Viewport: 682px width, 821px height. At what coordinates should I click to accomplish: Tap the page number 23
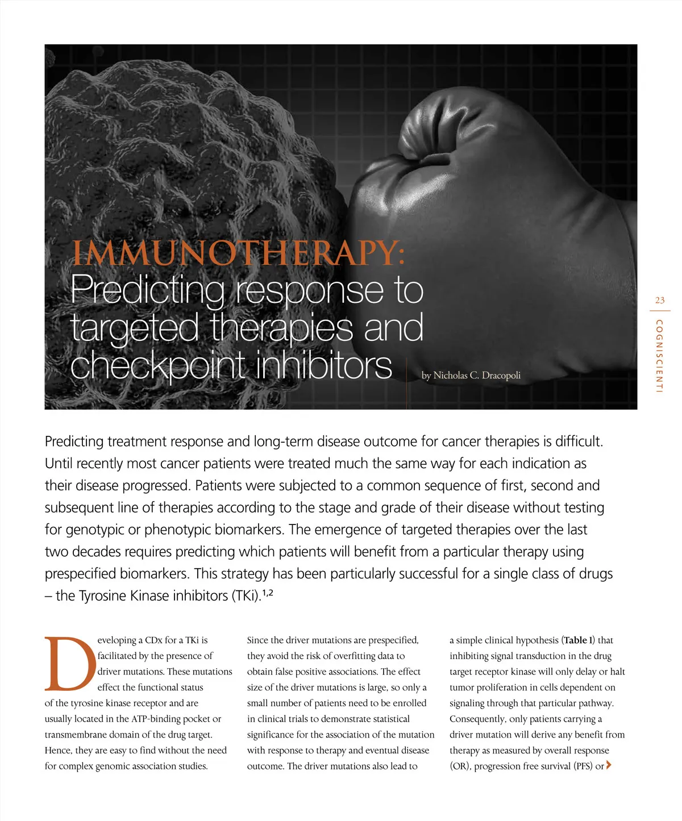click(659, 301)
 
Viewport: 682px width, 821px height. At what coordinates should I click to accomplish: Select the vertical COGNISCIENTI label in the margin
click(659, 356)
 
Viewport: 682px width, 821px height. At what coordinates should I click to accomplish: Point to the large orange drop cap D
click(69, 663)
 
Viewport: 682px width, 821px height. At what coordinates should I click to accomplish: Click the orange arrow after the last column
click(609, 765)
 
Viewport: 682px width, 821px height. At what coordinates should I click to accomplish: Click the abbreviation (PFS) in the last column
click(583, 766)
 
